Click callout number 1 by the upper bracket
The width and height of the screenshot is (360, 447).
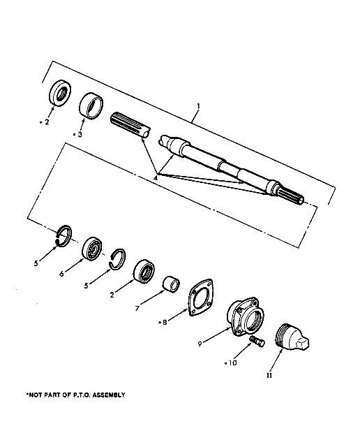199,106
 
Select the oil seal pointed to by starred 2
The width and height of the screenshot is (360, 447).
60,94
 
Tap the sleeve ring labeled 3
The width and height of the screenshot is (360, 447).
91,106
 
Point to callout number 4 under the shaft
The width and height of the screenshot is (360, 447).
156,178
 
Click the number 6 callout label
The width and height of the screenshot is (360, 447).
61,274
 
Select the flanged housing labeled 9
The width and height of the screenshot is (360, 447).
246,316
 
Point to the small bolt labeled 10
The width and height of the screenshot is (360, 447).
257,342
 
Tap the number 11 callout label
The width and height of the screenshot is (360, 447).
269,375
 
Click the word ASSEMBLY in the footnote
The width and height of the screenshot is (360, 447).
109,395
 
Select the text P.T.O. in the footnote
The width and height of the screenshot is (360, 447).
81,395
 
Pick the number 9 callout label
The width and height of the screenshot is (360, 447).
200,344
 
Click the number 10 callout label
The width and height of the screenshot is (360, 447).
232,363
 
